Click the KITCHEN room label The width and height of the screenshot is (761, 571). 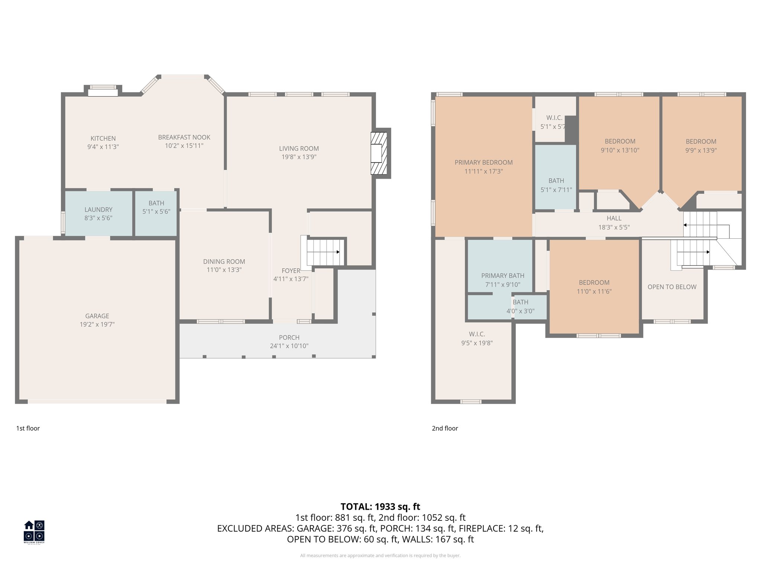coord(103,138)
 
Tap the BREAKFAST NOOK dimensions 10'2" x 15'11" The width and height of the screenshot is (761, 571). coord(184,146)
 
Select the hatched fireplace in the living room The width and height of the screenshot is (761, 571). coord(379,153)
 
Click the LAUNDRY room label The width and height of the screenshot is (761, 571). coord(98,210)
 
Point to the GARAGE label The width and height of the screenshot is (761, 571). coord(97,316)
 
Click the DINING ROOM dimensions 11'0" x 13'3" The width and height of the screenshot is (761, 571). coord(224,270)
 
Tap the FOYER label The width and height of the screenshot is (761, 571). coord(291,271)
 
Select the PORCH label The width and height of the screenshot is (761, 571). coord(289,338)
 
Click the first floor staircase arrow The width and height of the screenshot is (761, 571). coord(338,252)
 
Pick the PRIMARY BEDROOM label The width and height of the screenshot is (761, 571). coord(483,162)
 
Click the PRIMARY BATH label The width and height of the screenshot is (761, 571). coord(503,275)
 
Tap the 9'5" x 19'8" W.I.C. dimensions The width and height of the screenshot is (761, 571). coord(477,343)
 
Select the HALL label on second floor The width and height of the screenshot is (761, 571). coord(614,218)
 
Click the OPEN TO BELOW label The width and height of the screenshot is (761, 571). coord(672,287)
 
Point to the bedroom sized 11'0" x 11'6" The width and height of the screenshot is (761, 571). coord(594,287)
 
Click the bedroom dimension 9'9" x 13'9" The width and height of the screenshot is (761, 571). coord(701,151)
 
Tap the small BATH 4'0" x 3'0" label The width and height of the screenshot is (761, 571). coord(520,302)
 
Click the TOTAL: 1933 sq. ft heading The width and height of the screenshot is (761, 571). coord(380,507)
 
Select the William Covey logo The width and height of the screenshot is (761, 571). coord(34,532)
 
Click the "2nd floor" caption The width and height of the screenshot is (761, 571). coord(445,428)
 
